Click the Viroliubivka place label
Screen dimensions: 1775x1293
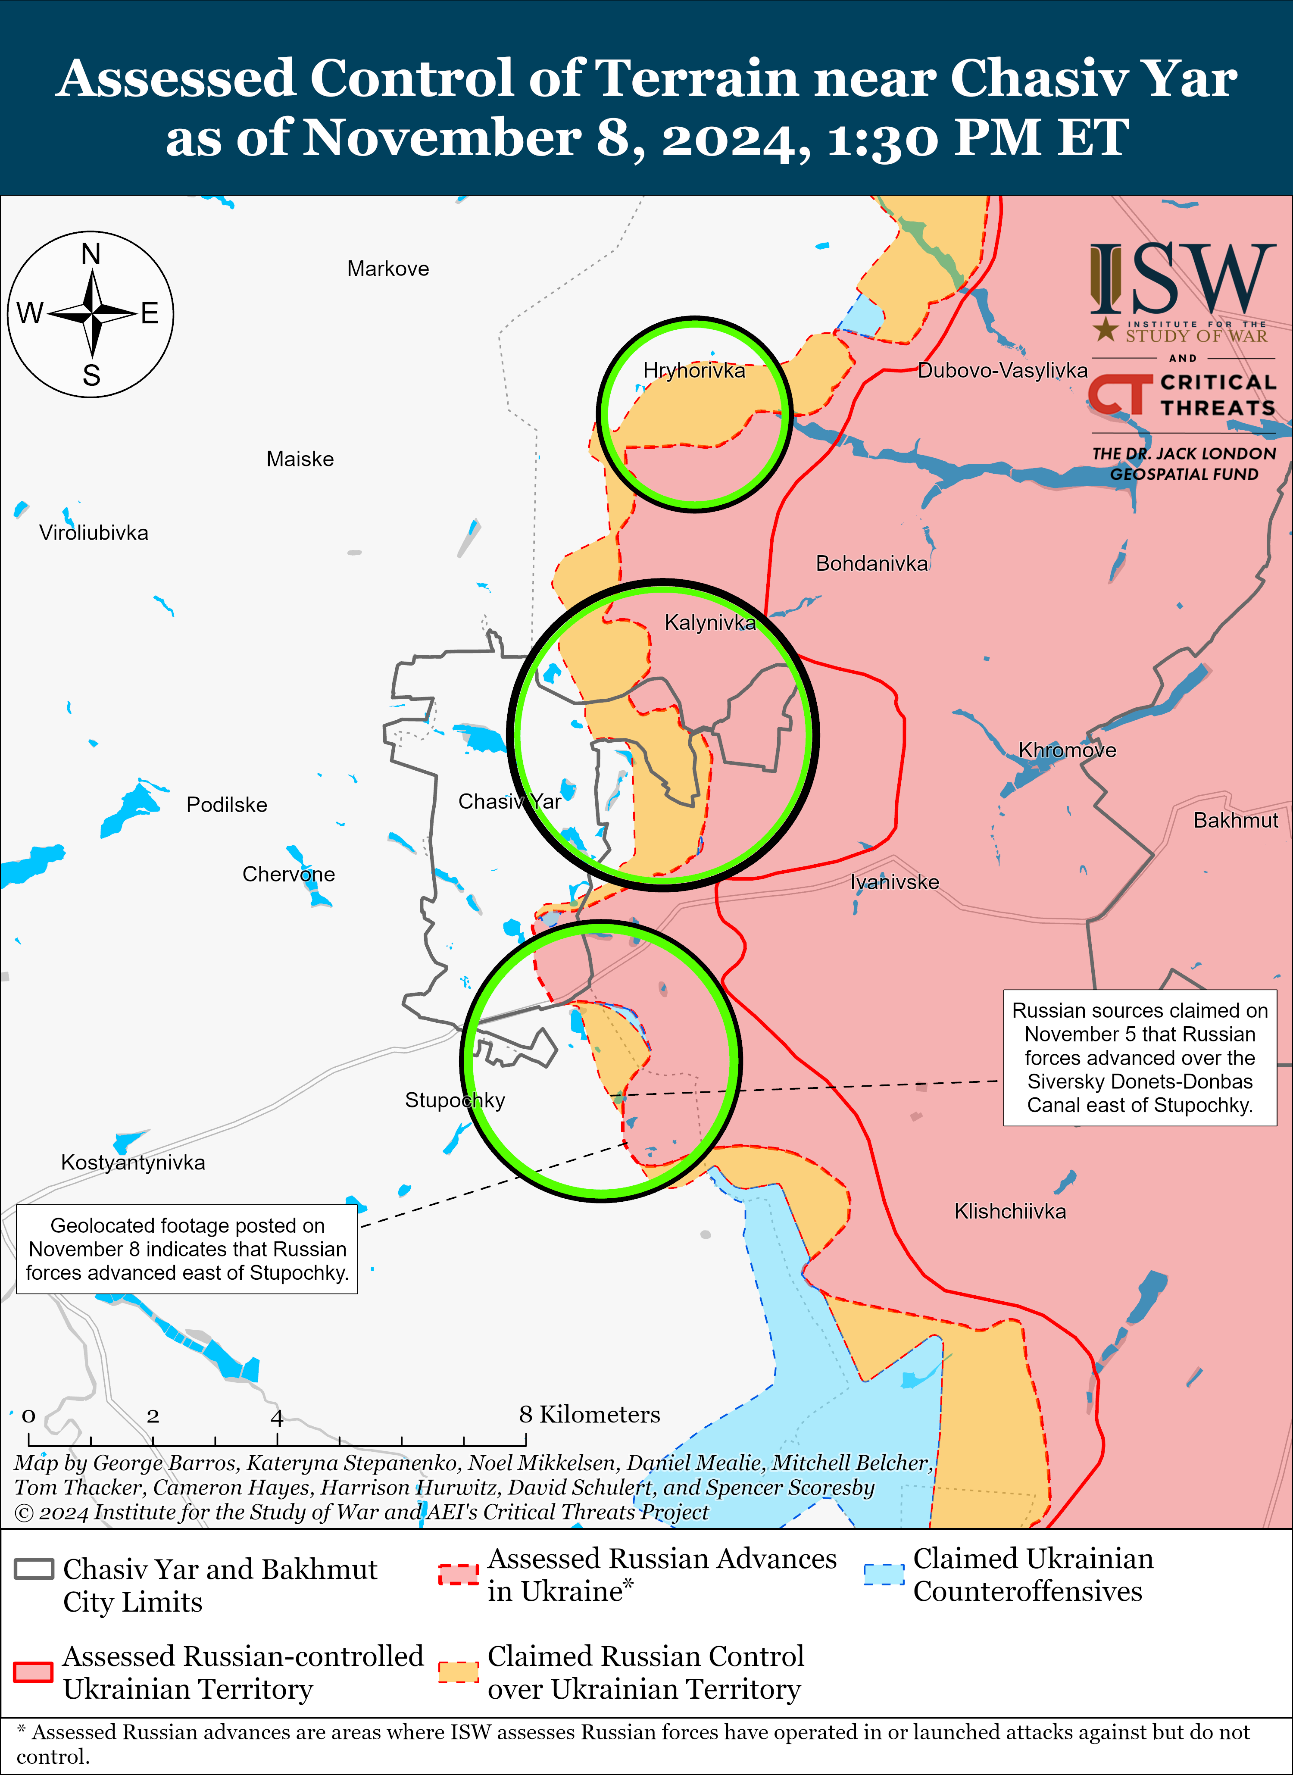point(94,533)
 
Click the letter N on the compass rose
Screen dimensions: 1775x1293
point(91,254)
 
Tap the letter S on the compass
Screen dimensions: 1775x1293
point(91,376)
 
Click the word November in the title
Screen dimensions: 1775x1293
point(442,138)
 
